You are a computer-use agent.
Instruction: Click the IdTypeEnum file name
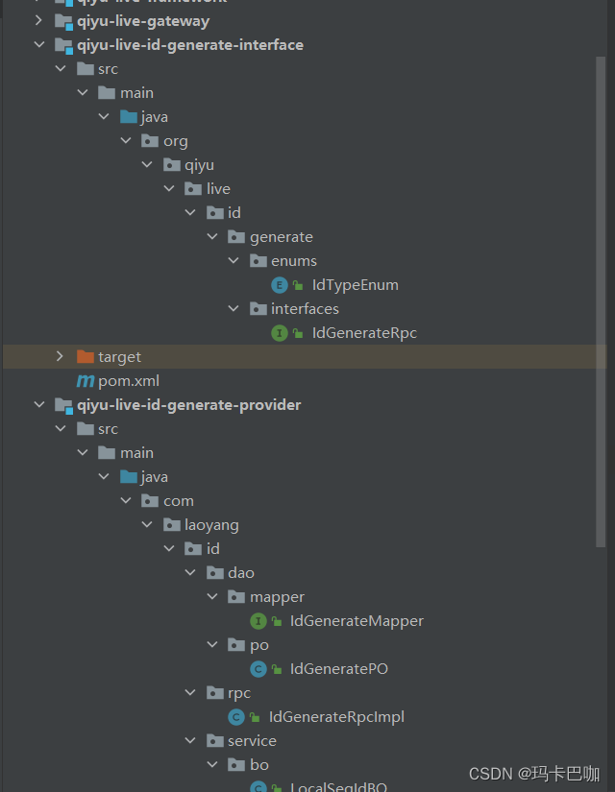click(355, 285)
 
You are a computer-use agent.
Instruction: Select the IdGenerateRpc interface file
click(364, 333)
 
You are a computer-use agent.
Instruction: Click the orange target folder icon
click(86, 357)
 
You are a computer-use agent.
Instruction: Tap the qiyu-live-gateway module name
click(143, 21)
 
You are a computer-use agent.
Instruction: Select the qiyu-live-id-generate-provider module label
click(188, 405)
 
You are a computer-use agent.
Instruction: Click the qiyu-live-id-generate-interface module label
click(190, 45)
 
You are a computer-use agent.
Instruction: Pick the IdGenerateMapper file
click(357, 621)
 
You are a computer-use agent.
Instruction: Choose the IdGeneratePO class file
click(338, 669)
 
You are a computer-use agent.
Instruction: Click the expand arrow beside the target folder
click(60, 357)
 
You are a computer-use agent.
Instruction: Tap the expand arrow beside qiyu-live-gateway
click(38, 21)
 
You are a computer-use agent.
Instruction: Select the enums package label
click(293, 261)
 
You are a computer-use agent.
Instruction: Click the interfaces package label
click(305, 309)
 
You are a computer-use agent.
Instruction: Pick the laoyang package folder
click(211, 525)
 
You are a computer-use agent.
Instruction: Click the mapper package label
click(277, 597)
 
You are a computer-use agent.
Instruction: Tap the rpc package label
click(239, 693)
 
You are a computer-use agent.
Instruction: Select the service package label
click(252, 741)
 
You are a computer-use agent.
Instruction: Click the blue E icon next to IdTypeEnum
click(280, 285)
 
